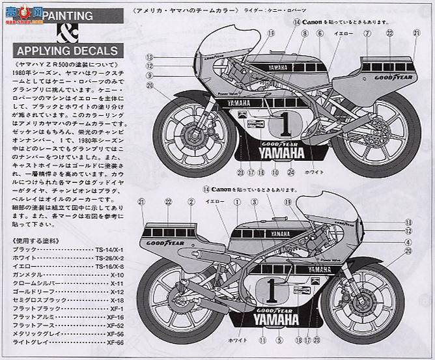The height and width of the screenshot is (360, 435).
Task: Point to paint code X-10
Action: pyautogui.click(x=117, y=275)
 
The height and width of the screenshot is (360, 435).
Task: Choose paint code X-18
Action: pyautogui.click(x=117, y=300)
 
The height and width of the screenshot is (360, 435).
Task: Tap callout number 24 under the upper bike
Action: pyautogui.click(x=291, y=173)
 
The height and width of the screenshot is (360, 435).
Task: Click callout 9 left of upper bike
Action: pyautogui.click(x=149, y=75)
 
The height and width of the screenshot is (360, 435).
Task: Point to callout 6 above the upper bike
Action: pyautogui.click(x=320, y=33)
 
